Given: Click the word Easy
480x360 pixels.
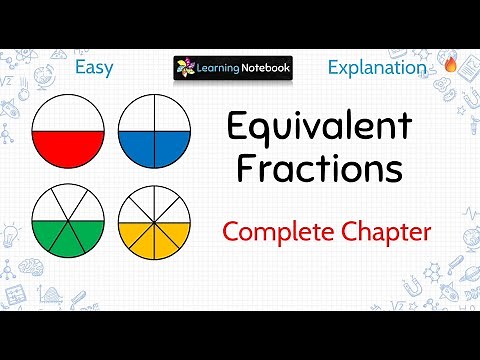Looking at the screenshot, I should (94, 68).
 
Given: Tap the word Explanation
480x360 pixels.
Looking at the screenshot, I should (377, 68).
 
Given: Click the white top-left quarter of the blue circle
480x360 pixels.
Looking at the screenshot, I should (137, 116).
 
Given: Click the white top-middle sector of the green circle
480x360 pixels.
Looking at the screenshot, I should (69, 201).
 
